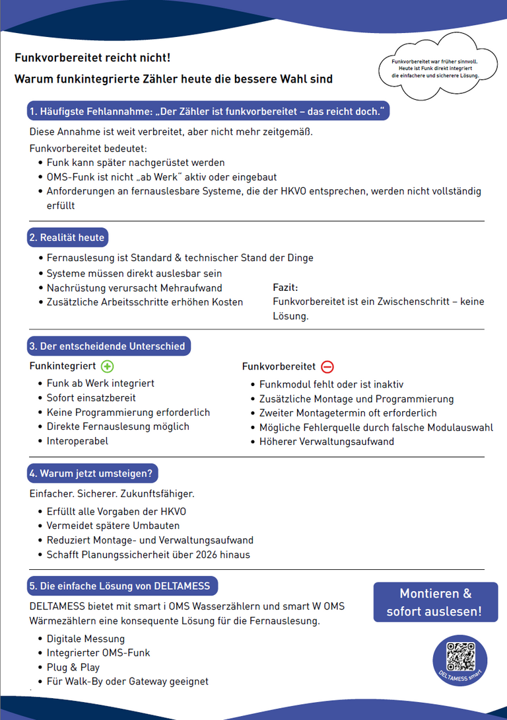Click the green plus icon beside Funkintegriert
[108, 366]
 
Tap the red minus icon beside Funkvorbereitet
[327, 366]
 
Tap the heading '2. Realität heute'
[67, 237]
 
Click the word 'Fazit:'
[285, 288]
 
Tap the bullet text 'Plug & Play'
[73, 667]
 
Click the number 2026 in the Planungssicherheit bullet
[201, 555]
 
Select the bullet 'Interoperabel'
[77, 441]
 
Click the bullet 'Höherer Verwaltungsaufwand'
[326, 442]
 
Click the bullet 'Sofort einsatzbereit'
[91, 398]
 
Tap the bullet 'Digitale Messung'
[85, 639]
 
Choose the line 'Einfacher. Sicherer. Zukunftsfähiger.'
[112, 494]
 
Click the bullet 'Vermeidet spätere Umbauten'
[113, 526]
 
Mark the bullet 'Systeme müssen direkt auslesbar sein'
[134, 274]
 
